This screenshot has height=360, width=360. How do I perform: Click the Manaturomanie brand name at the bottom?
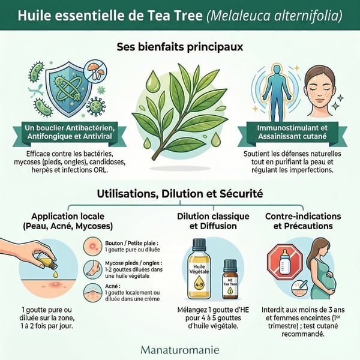(180, 350)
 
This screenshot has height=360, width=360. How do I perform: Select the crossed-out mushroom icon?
(94, 71)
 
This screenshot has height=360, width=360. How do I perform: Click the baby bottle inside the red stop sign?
(284, 264)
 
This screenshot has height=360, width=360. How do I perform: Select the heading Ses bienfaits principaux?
(180, 47)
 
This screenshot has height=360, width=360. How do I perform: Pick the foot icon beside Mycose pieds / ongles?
(93, 269)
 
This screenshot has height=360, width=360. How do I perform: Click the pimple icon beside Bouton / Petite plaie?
(93, 247)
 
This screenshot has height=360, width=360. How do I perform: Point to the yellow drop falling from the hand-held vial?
(55, 274)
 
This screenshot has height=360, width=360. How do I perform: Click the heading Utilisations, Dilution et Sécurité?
(180, 194)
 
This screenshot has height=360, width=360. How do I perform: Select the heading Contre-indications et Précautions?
(303, 221)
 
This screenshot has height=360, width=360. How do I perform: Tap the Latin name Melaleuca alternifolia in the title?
(274, 16)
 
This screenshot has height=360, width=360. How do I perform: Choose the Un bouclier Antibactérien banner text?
(70, 132)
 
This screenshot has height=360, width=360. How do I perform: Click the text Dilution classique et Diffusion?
(213, 221)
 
